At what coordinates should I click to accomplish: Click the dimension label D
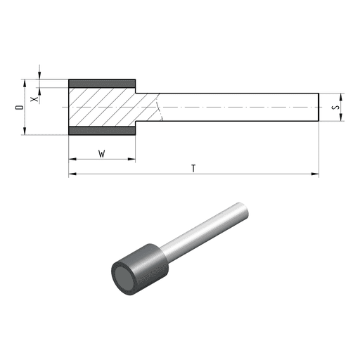point(20,108)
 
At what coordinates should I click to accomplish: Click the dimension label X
point(34,99)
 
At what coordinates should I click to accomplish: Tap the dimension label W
point(102,154)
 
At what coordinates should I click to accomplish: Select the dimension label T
point(193,168)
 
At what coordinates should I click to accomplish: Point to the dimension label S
point(335,108)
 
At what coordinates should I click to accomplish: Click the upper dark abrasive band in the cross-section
point(102,84)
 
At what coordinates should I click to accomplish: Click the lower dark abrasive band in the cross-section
point(102,131)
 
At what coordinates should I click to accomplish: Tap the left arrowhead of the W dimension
point(72,159)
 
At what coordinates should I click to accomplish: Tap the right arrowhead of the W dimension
point(131,159)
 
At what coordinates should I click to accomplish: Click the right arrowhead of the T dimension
point(315,174)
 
